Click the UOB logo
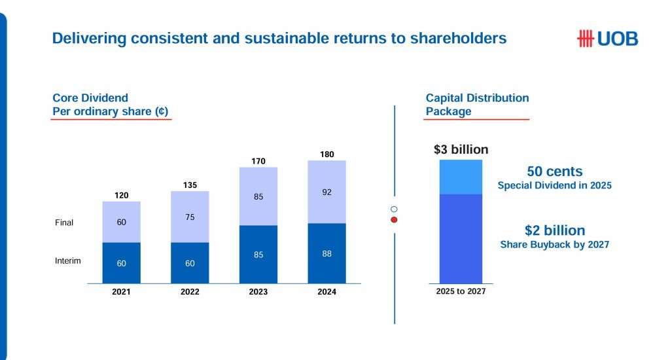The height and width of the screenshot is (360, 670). [607, 39]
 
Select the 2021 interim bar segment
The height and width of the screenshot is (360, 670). [121, 262]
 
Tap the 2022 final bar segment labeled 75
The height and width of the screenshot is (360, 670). [190, 217]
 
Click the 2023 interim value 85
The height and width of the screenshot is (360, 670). [258, 255]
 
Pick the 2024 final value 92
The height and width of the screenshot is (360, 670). [326, 193]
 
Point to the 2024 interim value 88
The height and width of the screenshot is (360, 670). [326, 253]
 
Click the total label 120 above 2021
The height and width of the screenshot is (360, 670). [121, 195]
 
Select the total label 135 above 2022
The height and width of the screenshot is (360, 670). [190, 185]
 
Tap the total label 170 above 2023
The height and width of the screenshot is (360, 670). [258, 161]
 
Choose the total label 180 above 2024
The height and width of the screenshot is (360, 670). [326, 154]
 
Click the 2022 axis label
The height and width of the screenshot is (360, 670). [190, 292]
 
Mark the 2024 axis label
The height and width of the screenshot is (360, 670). [326, 292]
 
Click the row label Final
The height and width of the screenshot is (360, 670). [64, 223]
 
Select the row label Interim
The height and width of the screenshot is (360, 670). [67, 261]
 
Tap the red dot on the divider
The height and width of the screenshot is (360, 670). [394, 220]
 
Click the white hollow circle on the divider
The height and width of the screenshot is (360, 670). [394, 209]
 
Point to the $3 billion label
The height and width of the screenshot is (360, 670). [461, 149]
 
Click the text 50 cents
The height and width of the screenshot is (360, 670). [554, 171]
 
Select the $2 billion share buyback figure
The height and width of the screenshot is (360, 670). [554, 230]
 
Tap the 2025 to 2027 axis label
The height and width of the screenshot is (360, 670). [461, 291]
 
